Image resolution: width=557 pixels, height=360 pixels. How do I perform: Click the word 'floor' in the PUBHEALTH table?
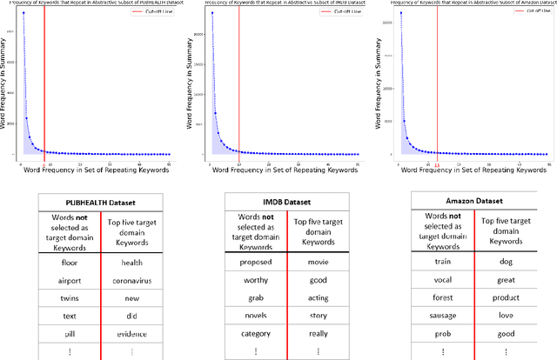pyautogui.click(x=70, y=262)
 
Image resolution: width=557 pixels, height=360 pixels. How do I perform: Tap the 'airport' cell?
pyautogui.click(x=70, y=280)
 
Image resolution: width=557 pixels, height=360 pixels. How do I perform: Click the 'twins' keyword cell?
pyautogui.click(x=70, y=297)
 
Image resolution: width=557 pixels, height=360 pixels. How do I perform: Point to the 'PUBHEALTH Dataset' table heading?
pyautogui.click(x=100, y=203)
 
